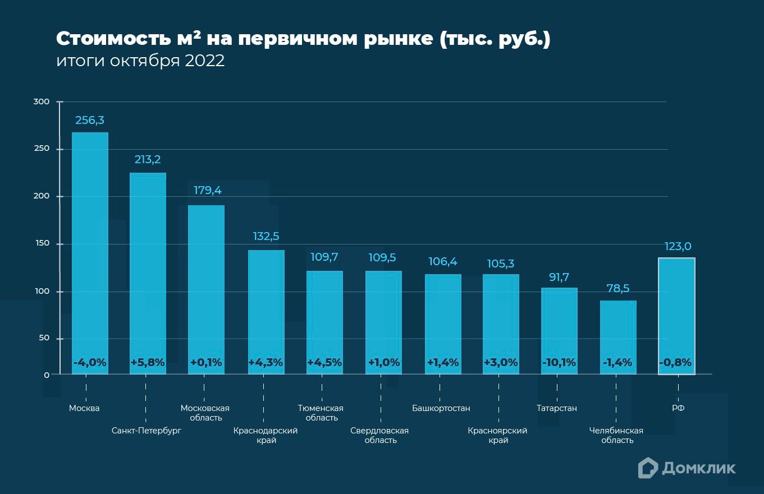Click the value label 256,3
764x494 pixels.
click(90, 120)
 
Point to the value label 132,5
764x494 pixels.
click(266, 236)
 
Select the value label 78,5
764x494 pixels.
click(618, 288)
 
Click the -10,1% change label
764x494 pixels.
click(559, 362)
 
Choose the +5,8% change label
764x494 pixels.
click(148, 362)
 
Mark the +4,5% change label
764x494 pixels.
click(324, 362)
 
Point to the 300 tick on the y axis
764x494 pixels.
click(42, 101)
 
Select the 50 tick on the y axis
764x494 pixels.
click(44, 338)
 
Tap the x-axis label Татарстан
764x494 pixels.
click(556, 408)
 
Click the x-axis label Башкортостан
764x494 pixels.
click(441, 408)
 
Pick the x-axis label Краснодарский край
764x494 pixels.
click(266, 435)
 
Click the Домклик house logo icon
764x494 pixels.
click(648, 468)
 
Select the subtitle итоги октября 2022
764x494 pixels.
click(140, 61)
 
